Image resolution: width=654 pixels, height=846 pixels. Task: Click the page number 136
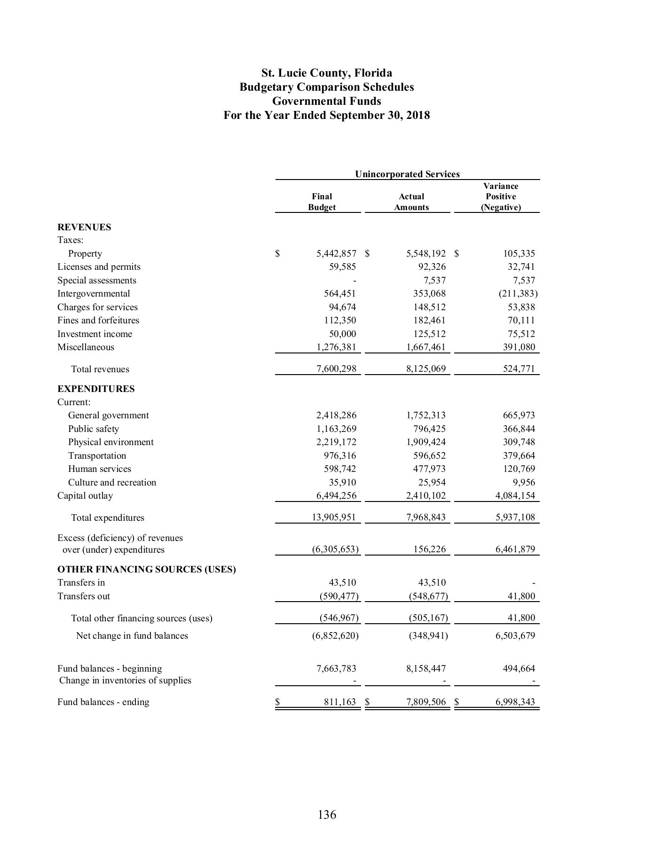(x=327, y=815)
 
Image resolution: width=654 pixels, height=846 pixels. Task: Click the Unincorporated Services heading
(x=407, y=174)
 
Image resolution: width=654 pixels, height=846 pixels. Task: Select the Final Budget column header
(x=322, y=202)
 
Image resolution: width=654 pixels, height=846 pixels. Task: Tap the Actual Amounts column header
(x=411, y=202)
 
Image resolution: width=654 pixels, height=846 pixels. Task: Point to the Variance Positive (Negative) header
(x=501, y=196)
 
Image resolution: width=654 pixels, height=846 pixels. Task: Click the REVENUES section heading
(x=84, y=227)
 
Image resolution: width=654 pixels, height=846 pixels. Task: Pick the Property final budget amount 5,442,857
(x=336, y=253)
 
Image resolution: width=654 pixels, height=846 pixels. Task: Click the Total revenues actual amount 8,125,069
(x=425, y=369)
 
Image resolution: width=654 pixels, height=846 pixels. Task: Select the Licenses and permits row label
(x=99, y=266)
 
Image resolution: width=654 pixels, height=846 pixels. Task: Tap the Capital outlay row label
(x=85, y=495)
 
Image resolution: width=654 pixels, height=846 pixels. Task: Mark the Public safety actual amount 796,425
(x=426, y=429)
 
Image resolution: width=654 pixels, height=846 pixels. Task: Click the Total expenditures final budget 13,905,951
(x=334, y=517)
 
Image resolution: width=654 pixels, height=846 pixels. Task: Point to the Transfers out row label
(x=84, y=596)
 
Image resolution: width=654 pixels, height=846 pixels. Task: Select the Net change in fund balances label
(x=132, y=635)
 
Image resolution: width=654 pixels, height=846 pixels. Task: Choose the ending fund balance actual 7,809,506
(x=425, y=702)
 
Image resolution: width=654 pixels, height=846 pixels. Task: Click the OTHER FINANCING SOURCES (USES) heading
(x=147, y=569)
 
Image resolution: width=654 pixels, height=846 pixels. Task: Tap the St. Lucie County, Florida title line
(x=327, y=73)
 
